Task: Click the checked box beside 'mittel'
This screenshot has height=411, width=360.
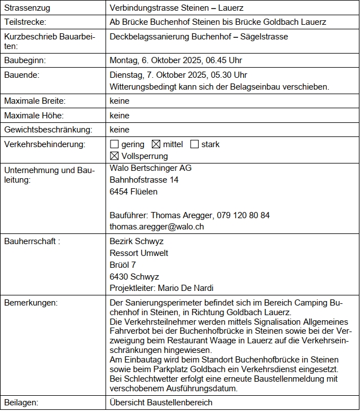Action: click(x=156, y=144)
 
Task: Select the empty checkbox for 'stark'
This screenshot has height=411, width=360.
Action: click(x=195, y=144)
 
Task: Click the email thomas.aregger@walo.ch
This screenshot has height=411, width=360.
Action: click(x=157, y=227)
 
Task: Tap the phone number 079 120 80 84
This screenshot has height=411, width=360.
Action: click(x=244, y=215)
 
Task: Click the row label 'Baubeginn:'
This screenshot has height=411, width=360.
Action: click(x=25, y=60)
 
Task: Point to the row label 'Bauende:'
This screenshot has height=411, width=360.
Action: click(x=22, y=74)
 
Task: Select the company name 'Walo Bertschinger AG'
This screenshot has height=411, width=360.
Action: click(x=151, y=168)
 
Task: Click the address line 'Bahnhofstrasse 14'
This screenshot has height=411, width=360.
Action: click(x=144, y=180)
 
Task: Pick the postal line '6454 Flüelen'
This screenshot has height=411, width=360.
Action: click(x=134, y=192)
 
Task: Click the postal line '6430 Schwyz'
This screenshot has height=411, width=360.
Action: click(x=134, y=277)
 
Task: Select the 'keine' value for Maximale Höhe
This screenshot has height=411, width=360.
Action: click(x=120, y=116)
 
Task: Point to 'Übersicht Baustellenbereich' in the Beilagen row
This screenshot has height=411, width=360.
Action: click(x=161, y=403)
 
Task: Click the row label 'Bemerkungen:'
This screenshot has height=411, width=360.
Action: click(x=30, y=303)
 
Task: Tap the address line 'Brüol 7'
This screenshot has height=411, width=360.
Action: click(x=122, y=265)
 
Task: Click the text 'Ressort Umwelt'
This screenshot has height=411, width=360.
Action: click(x=139, y=253)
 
